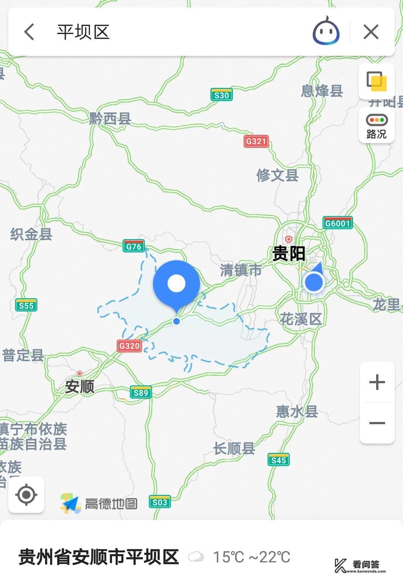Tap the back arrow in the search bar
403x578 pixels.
click(x=29, y=32)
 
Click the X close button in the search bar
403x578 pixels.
click(x=371, y=32)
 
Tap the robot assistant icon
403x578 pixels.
click(x=326, y=32)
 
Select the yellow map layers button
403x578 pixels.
click(x=377, y=81)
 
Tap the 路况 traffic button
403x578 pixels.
click(x=377, y=125)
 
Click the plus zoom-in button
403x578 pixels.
click(x=377, y=382)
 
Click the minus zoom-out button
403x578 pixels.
click(x=377, y=423)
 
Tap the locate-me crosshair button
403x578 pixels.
click(x=26, y=495)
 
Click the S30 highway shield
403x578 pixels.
click(x=221, y=95)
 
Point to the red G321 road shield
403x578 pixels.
click(x=256, y=141)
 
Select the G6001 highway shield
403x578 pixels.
click(x=337, y=223)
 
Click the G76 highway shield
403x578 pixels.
click(x=134, y=246)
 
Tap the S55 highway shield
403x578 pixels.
click(x=26, y=305)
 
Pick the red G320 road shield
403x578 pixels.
click(x=129, y=346)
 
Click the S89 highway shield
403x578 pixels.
click(x=141, y=392)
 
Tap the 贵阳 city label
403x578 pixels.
click(x=288, y=254)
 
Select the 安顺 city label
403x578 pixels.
click(x=79, y=387)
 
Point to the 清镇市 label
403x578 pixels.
click(x=241, y=270)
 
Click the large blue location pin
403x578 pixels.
click(x=176, y=284)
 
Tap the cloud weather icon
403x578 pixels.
click(x=196, y=557)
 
